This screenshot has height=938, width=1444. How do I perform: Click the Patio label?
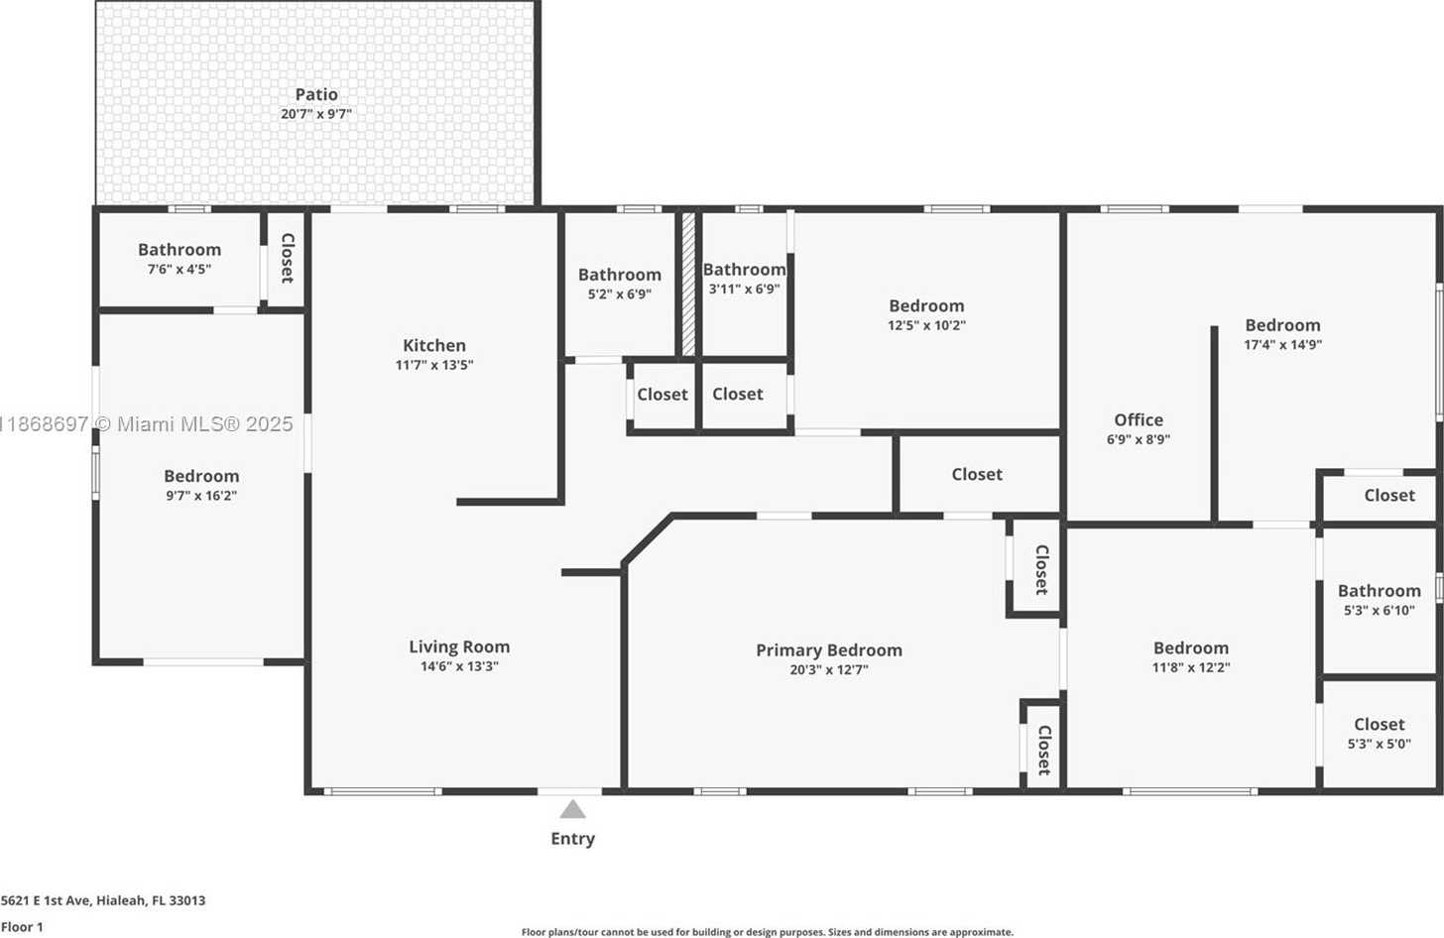pyautogui.click(x=315, y=95)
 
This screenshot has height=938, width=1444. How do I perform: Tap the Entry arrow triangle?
pyautogui.click(x=572, y=809)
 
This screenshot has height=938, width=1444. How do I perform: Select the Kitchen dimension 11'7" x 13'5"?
pyautogui.click(x=433, y=365)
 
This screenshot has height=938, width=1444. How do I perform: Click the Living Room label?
pyautogui.click(x=459, y=646)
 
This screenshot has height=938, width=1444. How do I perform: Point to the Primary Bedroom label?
pyautogui.click(x=829, y=650)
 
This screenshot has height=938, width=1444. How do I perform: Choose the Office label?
pyautogui.click(x=1139, y=419)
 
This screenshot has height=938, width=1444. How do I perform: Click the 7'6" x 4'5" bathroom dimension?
pyautogui.click(x=180, y=269)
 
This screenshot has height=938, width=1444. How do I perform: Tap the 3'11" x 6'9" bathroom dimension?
pyautogui.click(x=744, y=289)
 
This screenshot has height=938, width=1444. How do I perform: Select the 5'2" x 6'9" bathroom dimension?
pyautogui.click(x=620, y=293)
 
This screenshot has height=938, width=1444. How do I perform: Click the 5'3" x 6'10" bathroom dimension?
pyautogui.click(x=1379, y=610)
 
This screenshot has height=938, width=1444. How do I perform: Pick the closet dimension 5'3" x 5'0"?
pyautogui.click(x=1379, y=744)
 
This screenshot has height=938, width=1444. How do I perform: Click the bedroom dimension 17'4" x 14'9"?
pyautogui.click(x=1282, y=344)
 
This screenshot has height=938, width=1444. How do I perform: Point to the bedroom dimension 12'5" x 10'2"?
pyautogui.click(x=926, y=325)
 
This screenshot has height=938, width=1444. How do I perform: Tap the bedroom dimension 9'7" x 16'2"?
pyautogui.click(x=201, y=495)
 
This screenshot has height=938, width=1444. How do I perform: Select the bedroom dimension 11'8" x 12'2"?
pyautogui.click(x=1191, y=667)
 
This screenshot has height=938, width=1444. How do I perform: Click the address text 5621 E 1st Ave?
pyautogui.click(x=46, y=900)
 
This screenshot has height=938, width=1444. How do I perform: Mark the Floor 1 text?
pyautogui.click(x=22, y=927)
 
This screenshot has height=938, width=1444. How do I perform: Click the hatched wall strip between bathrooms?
pyautogui.click(x=688, y=284)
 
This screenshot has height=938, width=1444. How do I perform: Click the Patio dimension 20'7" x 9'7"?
pyautogui.click(x=315, y=114)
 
